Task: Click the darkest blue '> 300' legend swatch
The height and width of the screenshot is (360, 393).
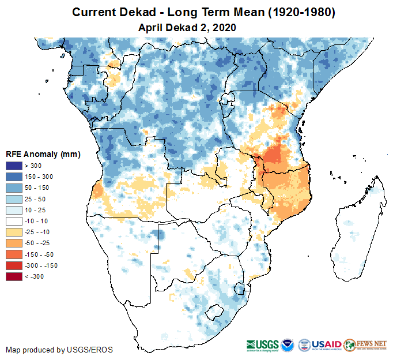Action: click(14, 166)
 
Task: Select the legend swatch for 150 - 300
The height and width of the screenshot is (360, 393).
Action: click(14, 177)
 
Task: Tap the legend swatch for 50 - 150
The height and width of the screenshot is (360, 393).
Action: click(14, 188)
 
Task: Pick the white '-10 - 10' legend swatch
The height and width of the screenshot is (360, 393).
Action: click(14, 221)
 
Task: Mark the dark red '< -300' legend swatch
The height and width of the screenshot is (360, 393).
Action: click(14, 276)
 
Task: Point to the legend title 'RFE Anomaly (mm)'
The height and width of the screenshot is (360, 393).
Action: click(43, 154)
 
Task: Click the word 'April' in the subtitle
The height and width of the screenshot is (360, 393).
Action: click(152, 27)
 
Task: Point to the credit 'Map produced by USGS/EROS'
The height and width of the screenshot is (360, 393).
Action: click(59, 350)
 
